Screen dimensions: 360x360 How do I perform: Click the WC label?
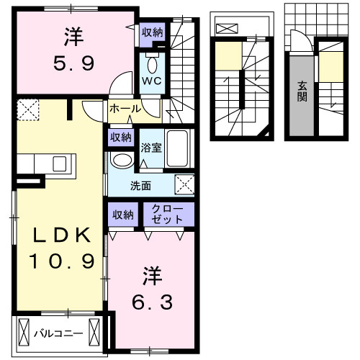pos(152,81)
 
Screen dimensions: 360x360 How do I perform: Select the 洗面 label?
pos(140,186)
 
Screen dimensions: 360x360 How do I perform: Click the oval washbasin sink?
pos(122,160)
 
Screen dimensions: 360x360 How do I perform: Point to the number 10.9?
pos(62,260)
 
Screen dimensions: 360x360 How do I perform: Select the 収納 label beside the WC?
pos(152,32)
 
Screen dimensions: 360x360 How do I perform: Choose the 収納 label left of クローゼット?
pos(122,214)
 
